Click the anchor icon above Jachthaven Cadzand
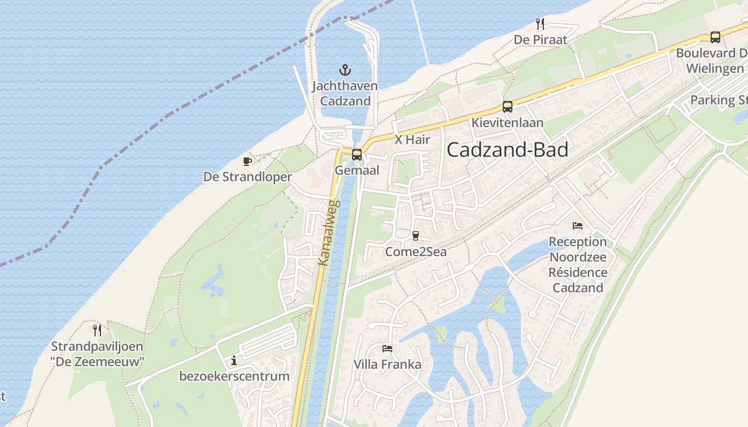345,69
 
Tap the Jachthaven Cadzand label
345,93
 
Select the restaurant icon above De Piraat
540,23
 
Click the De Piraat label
540,40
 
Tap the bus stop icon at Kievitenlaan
507,107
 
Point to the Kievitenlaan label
507,123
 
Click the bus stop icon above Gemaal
356,155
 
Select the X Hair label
412,140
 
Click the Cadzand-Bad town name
507,150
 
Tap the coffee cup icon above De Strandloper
247,161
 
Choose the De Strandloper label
247,177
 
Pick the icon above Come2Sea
416,235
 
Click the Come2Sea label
416,251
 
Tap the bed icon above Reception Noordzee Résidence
578,226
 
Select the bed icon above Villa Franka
387,349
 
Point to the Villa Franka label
387,365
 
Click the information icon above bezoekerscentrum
234,361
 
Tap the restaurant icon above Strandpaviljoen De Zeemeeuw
97,330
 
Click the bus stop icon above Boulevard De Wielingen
715,37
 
